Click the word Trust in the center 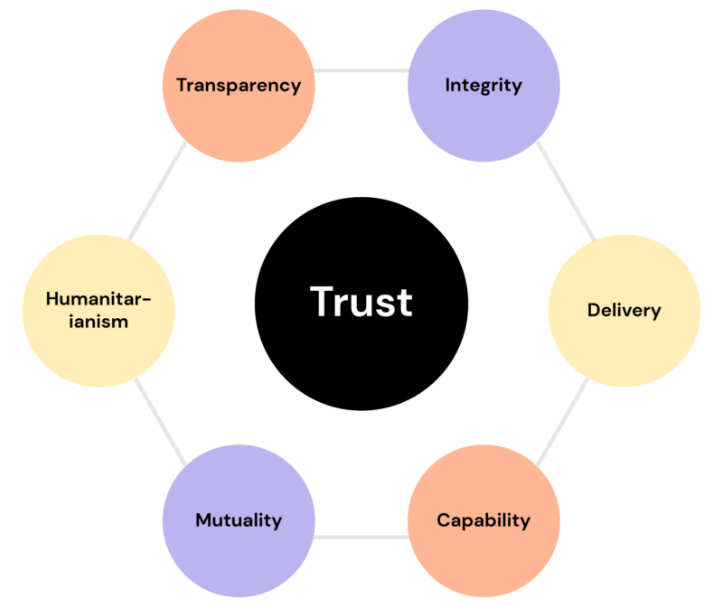pos(361,302)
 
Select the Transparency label pos(239,85)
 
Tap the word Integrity pos(484,85)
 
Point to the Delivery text pos(624,310)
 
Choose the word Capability pos(484,520)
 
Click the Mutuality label pos(239,520)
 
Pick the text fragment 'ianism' pos(99,322)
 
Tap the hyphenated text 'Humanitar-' pos(99,299)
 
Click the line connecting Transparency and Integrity pos(361,70)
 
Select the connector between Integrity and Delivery pos(567,191)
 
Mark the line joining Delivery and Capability pos(563,422)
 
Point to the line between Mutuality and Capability pos(361,537)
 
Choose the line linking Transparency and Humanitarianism pos(156,191)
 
